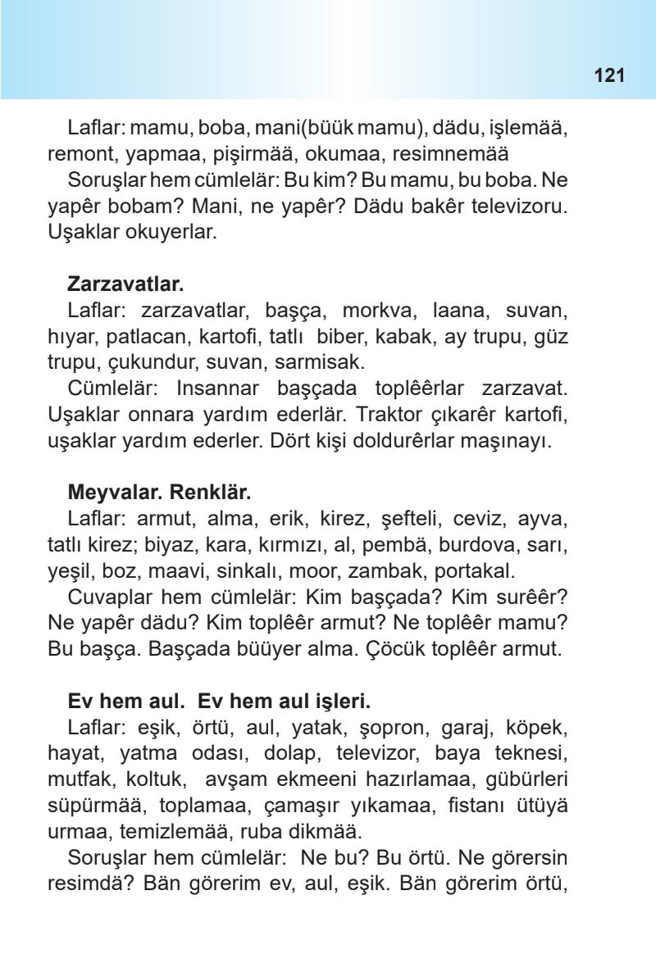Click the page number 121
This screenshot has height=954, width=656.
coord(608,76)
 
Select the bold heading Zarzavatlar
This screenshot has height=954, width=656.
coord(125,284)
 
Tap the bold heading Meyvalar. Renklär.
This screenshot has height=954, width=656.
coord(159,493)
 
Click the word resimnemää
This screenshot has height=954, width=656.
coord(462,153)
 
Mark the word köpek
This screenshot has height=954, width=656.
coord(540,729)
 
